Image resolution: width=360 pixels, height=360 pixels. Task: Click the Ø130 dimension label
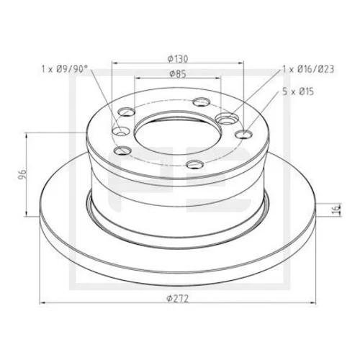point(178,58)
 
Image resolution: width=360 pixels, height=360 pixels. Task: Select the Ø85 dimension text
point(178,74)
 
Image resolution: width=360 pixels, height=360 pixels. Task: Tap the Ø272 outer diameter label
point(178,299)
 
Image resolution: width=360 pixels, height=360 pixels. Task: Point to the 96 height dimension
point(22,174)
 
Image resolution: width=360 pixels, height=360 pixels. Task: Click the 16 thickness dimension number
point(338,210)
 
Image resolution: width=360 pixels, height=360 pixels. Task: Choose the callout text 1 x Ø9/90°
point(63,69)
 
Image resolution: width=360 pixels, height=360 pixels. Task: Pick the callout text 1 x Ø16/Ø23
point(308,69)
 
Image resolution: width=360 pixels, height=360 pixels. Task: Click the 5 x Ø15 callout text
point(298,91)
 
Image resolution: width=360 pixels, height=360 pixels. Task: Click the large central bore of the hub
point(178,135)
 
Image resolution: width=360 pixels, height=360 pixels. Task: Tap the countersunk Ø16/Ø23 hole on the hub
point(227,118)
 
